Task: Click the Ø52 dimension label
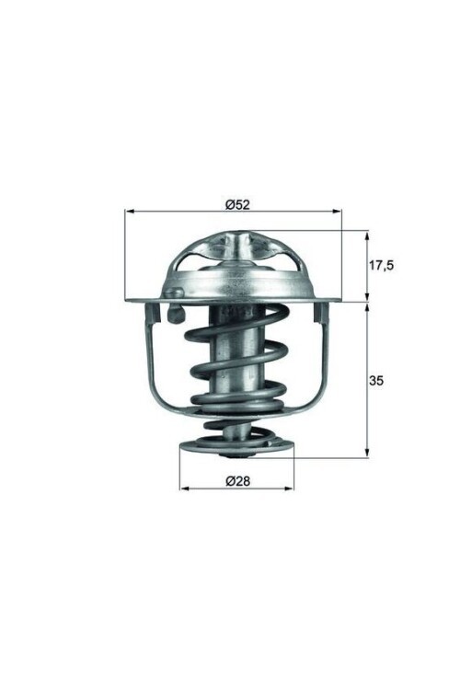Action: pos(237,204)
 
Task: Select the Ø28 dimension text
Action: pos(237,480)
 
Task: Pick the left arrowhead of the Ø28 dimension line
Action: pos(183,488)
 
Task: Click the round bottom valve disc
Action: pos(236,451)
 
